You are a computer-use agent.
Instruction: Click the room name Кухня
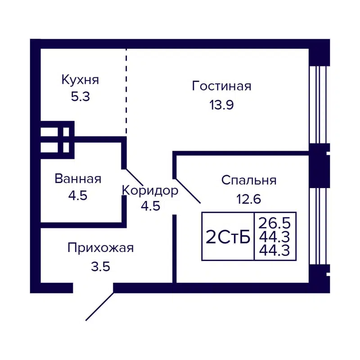coord(80,81)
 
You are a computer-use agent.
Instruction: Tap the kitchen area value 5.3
coord(80,97)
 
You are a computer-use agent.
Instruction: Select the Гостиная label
coord(221,86)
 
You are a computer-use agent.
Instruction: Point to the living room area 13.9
coord(221,105)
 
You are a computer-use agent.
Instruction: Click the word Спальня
coord(248,180)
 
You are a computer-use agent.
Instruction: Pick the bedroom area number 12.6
coord(248,199)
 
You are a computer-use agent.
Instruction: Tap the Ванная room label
coord(78,179)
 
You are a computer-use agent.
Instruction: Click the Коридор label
coord(150,191)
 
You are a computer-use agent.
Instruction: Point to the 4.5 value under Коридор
coord(150,207)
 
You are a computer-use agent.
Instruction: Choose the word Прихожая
coord(101,248)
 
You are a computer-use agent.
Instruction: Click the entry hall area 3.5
coord(100,266)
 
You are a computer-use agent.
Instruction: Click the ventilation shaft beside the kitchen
coord(57,139)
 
